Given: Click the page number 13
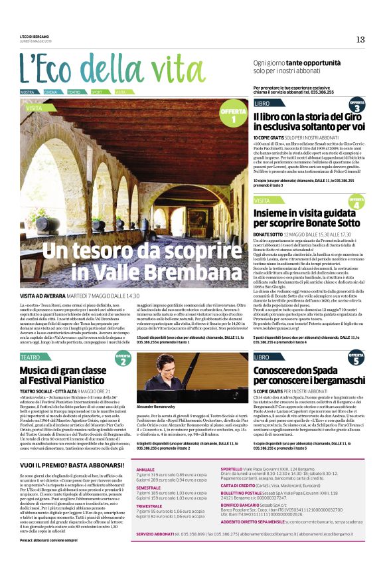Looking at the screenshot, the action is point(360,39).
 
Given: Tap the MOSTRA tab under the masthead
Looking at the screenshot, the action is point(27,92).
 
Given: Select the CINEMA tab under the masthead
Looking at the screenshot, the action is point(51,92).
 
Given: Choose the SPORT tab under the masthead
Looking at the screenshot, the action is point(97,92).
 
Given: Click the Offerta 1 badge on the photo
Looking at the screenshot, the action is point(233,116).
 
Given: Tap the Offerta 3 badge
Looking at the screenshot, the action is point(356,106).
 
